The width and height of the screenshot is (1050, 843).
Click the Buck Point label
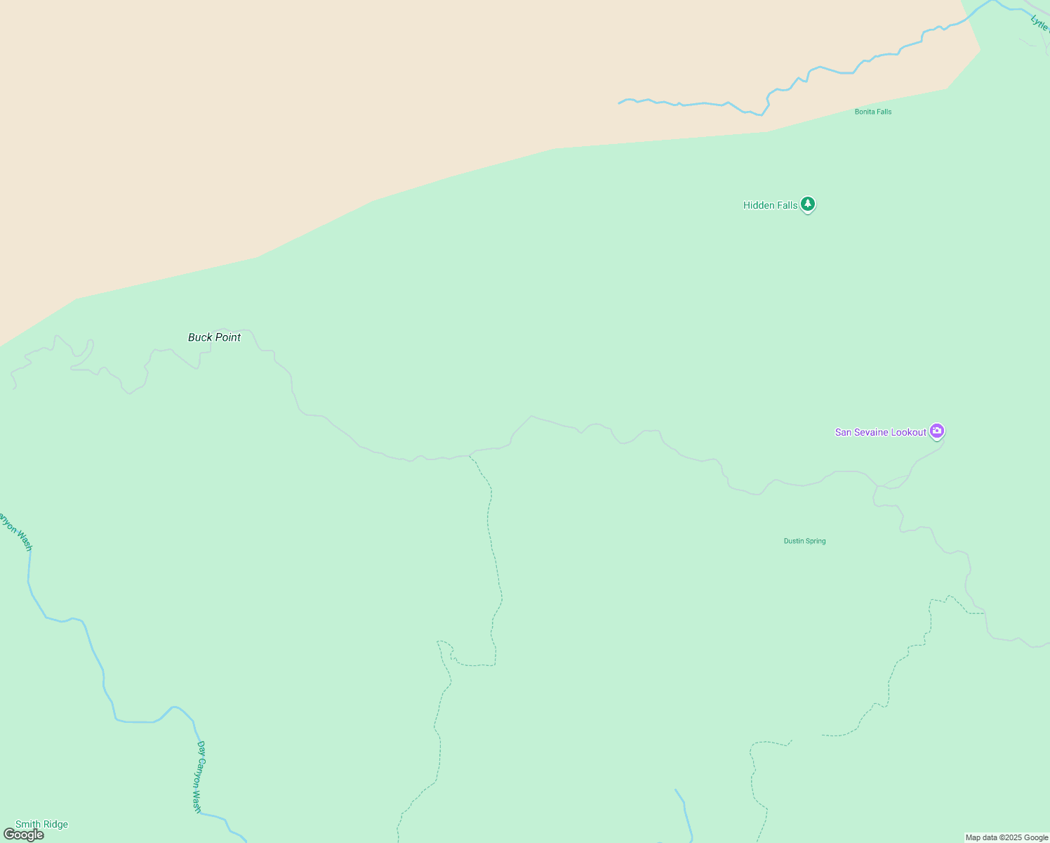[214, 337]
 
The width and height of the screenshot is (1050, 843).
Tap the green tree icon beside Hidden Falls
[808, 204]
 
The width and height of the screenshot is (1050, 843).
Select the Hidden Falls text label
[770, 205]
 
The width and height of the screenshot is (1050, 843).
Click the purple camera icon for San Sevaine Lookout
[936, 431]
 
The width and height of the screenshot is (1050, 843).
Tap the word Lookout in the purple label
[909, 432]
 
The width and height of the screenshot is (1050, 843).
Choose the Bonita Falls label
[873, 112]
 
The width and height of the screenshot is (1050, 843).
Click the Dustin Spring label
[804, 541]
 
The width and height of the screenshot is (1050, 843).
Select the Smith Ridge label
[41, 824]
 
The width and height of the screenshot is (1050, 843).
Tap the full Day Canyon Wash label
[199, 776]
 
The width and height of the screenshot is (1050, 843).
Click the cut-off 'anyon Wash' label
[16, 531]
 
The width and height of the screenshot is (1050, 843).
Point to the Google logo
[23, 835]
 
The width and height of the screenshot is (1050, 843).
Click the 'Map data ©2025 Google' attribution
[1006, 837]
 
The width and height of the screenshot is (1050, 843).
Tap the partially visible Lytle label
[1039, 22]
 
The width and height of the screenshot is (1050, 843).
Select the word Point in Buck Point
[227, 337]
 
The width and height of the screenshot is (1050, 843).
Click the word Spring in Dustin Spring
[815, 541]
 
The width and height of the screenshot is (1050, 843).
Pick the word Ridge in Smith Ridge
[55, 824]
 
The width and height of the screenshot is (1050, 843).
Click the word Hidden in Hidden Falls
[759, 205]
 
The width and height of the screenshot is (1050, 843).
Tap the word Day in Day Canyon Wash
[201, 748]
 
